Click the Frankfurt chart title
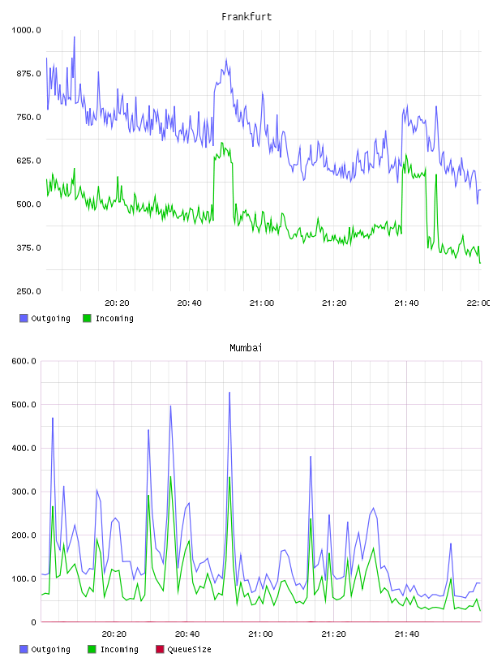[x=246, y=17]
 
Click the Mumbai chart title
[x=246, y=348]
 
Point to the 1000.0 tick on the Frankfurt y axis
[x=26, y=30]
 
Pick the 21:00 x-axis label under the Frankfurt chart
[x=262, y=303]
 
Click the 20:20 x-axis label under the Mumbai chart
[x=114, y=634]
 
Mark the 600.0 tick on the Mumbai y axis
[x=24, y=361]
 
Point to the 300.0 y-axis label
[x=24, y=492]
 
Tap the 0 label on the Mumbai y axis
[x=33, y=622]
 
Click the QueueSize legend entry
[x=183, y=649]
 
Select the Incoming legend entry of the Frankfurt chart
[x=108, y=318]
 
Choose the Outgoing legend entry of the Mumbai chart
[x=45, y=649]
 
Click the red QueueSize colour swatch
[x=160, y=649]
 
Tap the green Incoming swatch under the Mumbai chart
[x=92, y=649]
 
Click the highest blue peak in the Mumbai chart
[x=229, y=392]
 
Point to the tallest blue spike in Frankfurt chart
[x=75, y=37]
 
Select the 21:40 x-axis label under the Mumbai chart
[x=407, y=634]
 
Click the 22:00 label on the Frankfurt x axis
[x=478, y=303]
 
